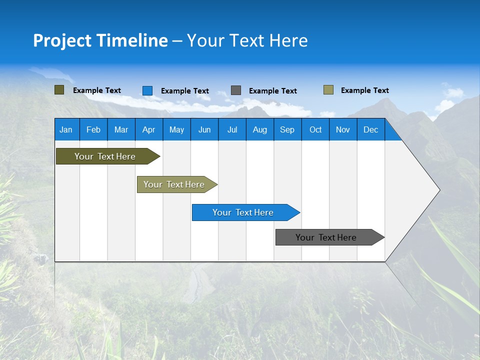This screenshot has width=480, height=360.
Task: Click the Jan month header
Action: [x=66, y=129]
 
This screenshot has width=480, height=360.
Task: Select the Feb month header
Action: [x=93, y=129]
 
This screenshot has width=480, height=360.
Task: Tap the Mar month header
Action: [x=121, y=129]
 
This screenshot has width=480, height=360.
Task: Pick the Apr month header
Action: [x=149, y=129]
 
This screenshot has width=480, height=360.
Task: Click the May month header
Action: [x=176, y=129]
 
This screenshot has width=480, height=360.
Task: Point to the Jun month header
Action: [x=204, y=129]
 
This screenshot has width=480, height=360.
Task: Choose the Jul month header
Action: [x=232, y=129]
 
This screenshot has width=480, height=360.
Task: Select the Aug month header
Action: [x=260, y=129]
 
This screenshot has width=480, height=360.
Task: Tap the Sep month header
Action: [x=287, y=129]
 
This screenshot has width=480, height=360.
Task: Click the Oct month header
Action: [x=315, y=129]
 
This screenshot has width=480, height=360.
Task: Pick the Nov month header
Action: [x=343, y=129]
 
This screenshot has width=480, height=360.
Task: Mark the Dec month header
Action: [x=371, y=129]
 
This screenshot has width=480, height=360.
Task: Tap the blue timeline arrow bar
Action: [x=243, y=212]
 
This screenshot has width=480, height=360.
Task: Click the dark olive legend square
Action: [x=59, y=90]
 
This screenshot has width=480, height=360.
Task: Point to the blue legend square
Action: [x=147, y=90]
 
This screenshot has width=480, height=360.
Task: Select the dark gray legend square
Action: [x=236, y=90]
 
